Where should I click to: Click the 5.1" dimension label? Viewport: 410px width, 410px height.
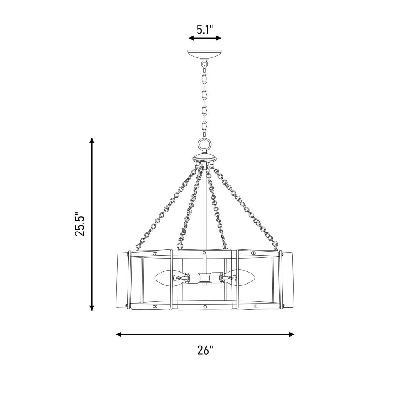click(205, 30)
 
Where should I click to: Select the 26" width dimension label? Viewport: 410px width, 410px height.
click(205, 350)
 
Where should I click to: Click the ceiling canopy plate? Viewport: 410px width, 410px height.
click(205, 55)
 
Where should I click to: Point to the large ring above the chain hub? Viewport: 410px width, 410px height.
click(205, 144)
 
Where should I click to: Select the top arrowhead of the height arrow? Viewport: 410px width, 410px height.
click(91, 140)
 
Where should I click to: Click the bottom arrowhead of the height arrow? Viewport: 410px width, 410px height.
click(91, 308)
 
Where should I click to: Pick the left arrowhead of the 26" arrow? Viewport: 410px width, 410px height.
click(119, 334)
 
